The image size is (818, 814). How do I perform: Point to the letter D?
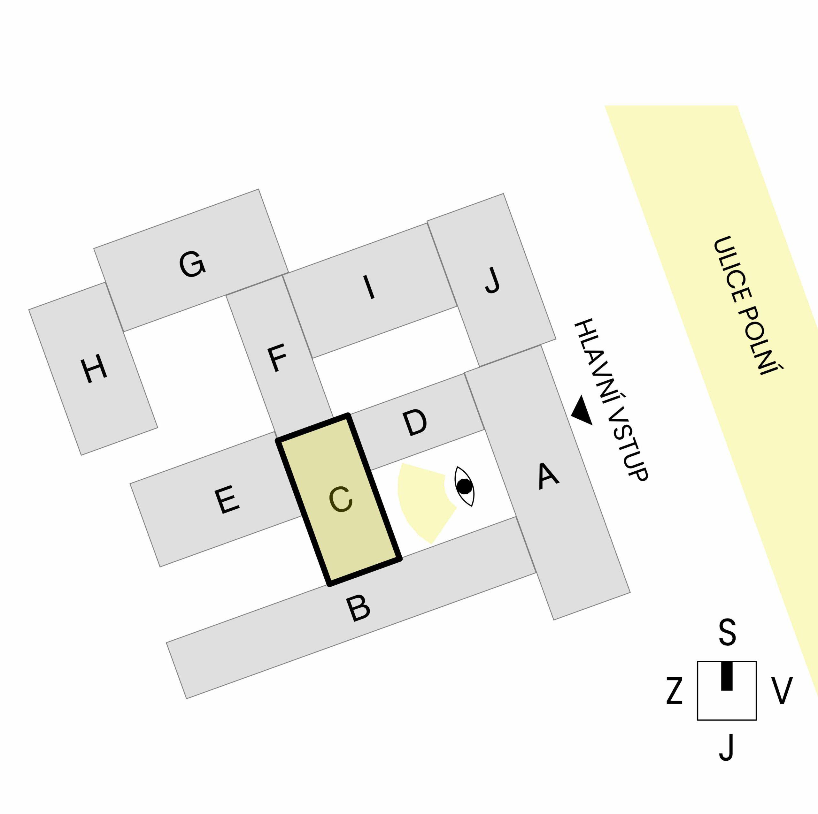click(414, 423)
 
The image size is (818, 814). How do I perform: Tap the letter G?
click(192, 264)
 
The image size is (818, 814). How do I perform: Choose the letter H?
click(94, 369)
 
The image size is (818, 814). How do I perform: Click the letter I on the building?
click(369, 287)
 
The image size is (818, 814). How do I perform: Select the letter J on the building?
click(492, 280)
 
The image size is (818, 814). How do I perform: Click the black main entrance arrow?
click(582, 410)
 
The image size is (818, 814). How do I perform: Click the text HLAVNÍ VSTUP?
click(611, 400)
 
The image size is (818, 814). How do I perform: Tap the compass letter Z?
click(675, 690)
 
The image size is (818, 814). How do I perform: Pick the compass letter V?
click(781, 690)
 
